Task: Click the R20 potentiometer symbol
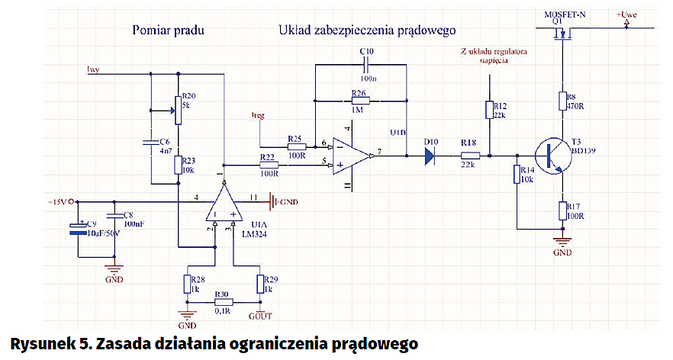point(178,109)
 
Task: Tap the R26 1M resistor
point(359,100)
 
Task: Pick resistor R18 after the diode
point(469,156)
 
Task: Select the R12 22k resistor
point(489,110)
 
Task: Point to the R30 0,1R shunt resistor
point(222,302)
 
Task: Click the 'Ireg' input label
point(259,116)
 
